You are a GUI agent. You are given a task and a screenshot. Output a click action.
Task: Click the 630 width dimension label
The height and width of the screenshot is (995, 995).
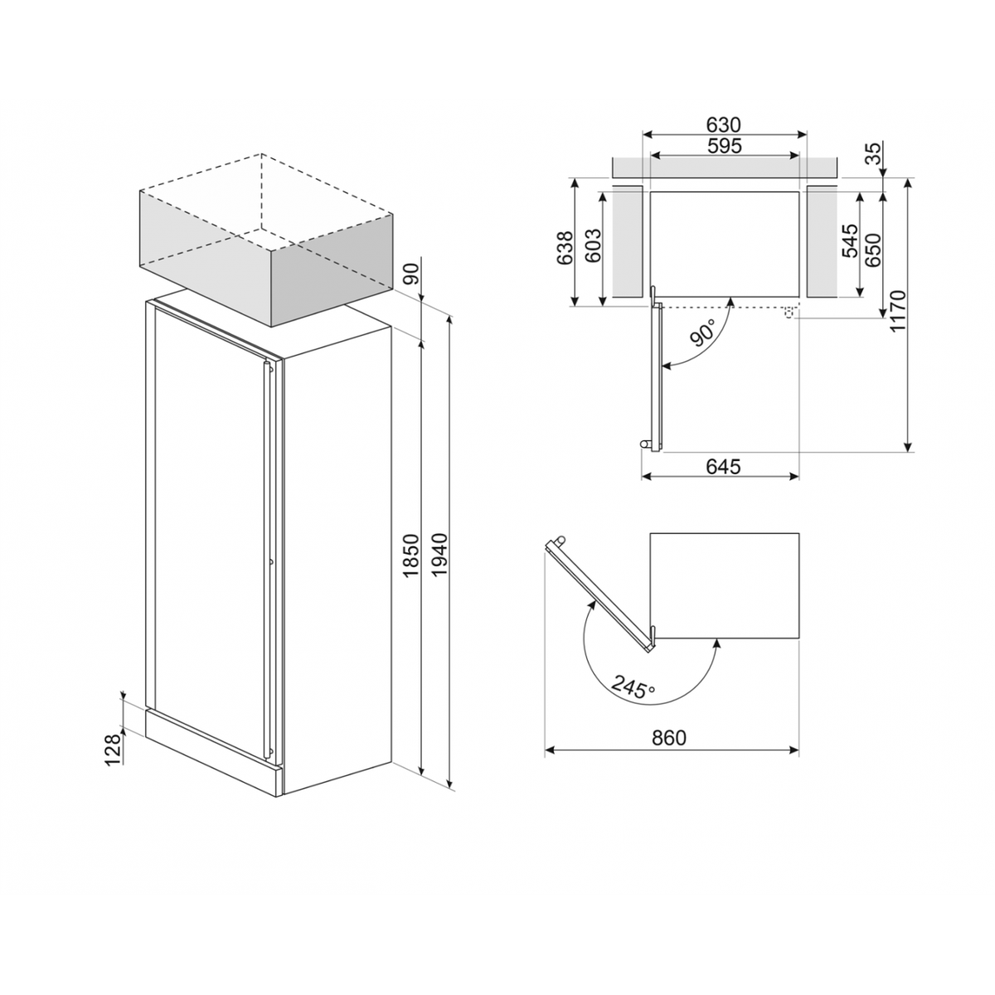coord(723,125)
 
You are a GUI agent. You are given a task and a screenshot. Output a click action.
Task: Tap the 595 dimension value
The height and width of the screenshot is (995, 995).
coord(724,146)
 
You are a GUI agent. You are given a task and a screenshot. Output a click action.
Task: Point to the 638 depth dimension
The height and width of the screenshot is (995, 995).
coord(565,249)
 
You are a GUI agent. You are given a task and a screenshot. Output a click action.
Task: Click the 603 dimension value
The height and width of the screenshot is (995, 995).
coord(594,245)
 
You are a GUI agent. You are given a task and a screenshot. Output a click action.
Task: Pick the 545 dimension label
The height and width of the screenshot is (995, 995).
coord(849,240)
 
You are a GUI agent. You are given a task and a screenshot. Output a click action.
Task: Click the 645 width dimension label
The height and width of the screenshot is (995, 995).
coord(723,467)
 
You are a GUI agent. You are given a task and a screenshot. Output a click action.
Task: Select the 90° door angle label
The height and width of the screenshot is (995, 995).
coord(703,332)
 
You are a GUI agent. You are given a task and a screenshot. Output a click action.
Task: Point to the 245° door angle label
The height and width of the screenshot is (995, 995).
coord(633,687)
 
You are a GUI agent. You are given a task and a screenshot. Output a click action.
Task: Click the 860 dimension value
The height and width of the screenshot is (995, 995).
coord(669,738)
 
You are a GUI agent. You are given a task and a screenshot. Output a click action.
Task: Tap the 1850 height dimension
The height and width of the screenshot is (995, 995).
coord(411,556)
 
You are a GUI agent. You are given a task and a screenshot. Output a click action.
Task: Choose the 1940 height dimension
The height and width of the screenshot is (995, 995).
coord(439,555)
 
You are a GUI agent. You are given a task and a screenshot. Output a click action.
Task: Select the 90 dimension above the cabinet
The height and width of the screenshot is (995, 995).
coord(412,274)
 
